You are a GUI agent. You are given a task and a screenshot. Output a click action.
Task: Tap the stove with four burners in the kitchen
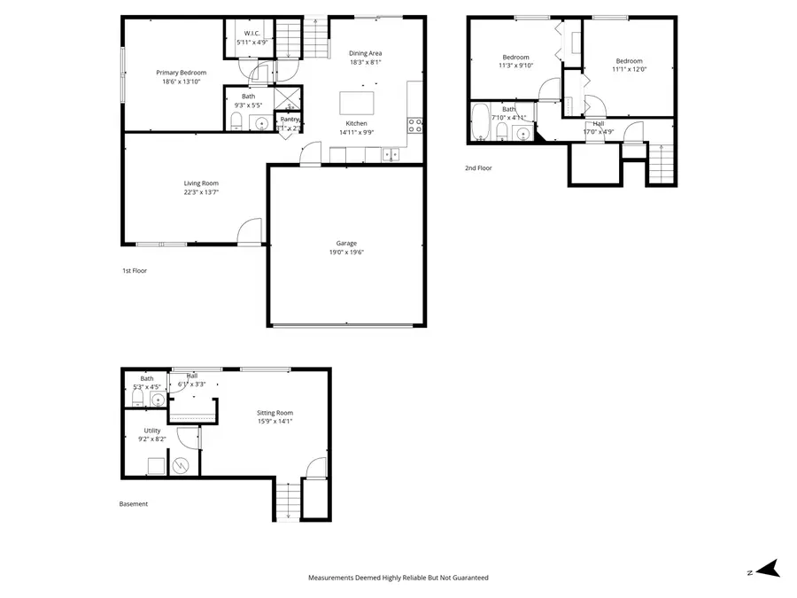(x=414, y=125)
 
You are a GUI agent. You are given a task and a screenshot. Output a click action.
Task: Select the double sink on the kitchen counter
(x=390, y=154)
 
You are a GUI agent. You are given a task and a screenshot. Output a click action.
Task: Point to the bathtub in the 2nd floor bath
(x=480, y=123)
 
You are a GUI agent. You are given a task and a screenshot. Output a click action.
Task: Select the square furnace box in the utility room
(x=156, y=466)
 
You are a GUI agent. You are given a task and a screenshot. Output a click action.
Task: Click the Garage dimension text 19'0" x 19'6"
(x=345, y=252)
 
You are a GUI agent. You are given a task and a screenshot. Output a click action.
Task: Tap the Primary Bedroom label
(x=181, y=73)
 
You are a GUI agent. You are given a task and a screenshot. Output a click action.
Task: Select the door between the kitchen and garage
(x=310, y=156)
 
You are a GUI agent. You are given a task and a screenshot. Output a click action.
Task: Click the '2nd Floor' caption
(x=478, y=167)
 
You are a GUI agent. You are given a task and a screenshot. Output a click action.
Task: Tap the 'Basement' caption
(x=134, y=504)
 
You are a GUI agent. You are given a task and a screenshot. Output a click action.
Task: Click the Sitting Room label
(x=275, y=413)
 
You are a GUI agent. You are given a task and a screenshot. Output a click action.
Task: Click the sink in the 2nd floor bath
(x=523, y=134)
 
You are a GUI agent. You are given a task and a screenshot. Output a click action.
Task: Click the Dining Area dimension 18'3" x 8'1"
(x=365, y=63)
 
